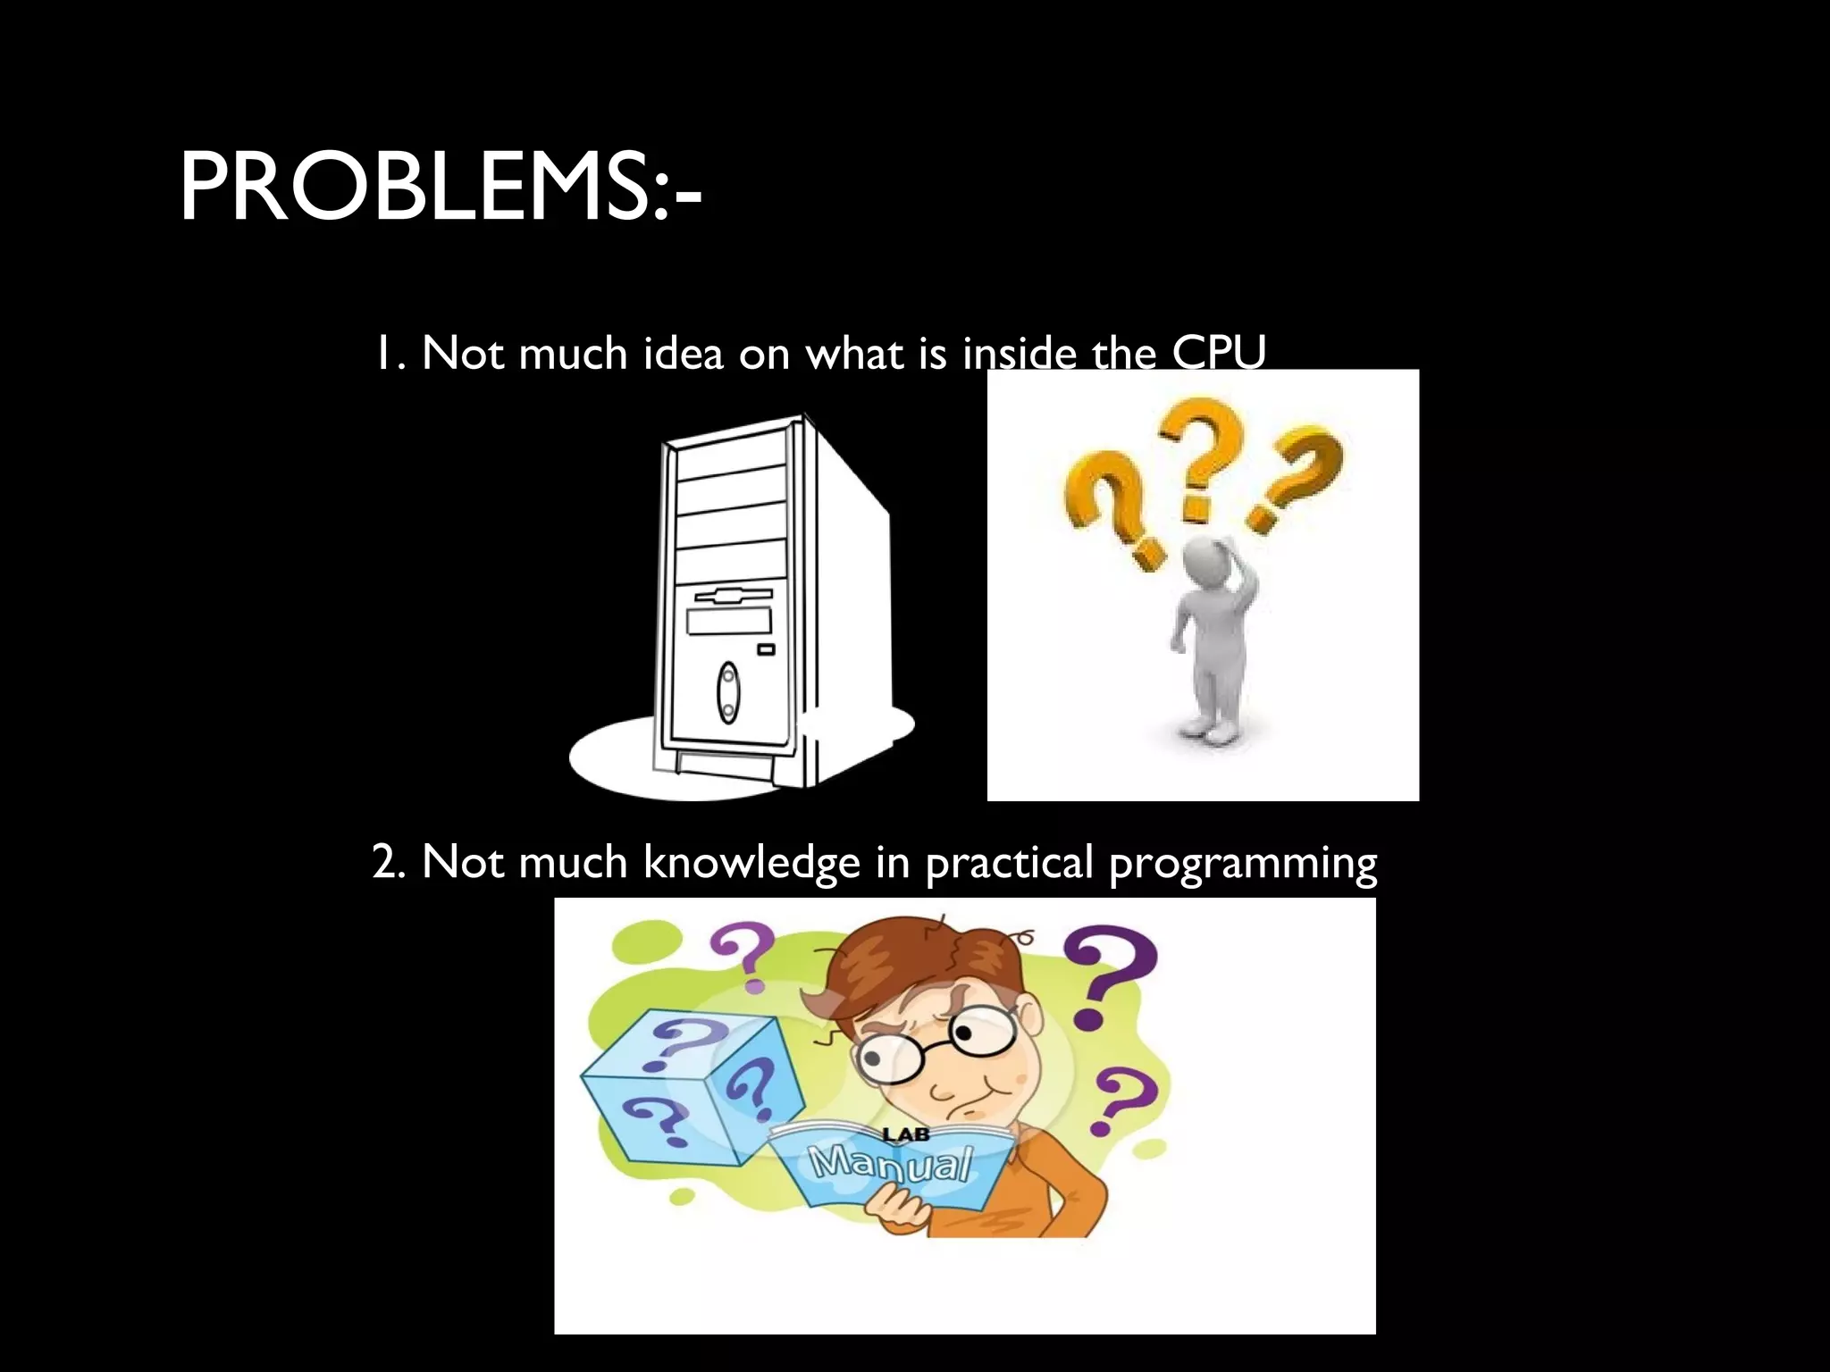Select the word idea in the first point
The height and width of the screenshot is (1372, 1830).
pos(683,354)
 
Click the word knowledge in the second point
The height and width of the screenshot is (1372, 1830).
pos(751,863)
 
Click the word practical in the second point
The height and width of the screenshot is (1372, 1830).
pos(1009,863)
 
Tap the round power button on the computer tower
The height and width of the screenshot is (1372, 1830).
pos(728,692)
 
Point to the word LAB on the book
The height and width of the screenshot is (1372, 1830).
pos(906,1135)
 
